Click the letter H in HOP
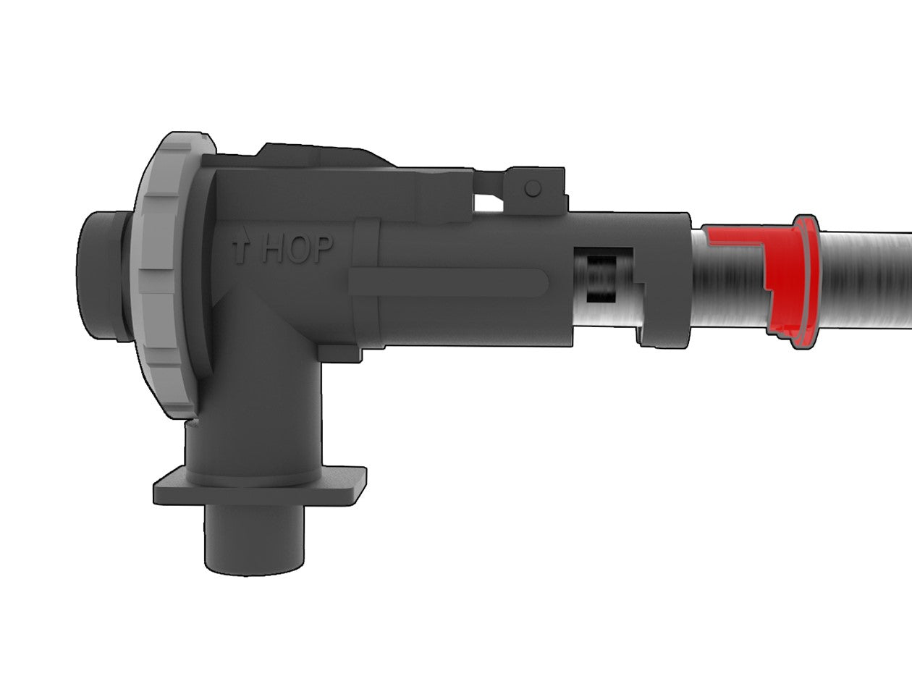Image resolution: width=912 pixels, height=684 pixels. pyautogui.click(x=272, y=249)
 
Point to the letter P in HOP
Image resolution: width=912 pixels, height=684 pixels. pyautogui.click(x=322, y=249)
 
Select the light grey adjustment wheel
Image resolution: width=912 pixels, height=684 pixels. pyautogui.click(x=164, y=275)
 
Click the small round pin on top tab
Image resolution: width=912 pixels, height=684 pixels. pyautogui.click(x=533, y=188)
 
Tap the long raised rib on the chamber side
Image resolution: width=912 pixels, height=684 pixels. pyautogui.click(x=449, y=282)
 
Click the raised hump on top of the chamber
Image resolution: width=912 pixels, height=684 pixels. pyautogui.click(x=318, y=154)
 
